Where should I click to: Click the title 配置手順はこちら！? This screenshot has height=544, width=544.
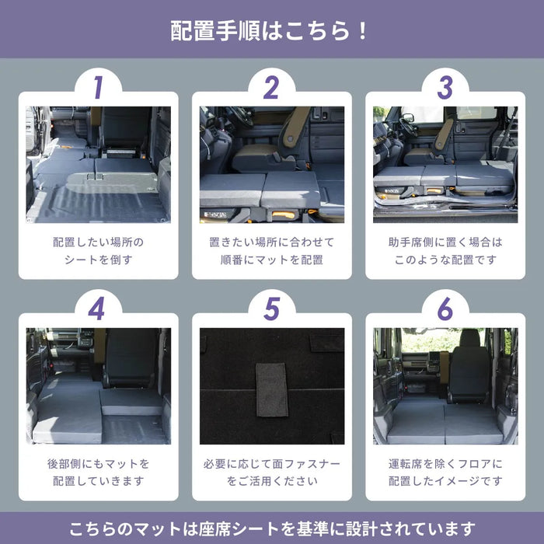coord(271,31)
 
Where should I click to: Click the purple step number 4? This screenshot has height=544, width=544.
coord(97,309)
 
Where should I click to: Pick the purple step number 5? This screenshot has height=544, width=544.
coord(270,309)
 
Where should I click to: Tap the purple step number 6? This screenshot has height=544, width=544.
coord(445,309)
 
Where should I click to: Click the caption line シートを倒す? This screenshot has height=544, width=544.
coord(98,260)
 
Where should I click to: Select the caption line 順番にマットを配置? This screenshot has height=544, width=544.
coord(271,260)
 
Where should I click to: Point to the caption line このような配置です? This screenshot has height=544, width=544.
coord(445,260)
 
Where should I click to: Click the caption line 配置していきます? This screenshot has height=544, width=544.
coord(98,481)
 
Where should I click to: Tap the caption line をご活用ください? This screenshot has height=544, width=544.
coord(271,481)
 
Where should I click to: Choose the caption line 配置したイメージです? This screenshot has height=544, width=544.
coord(445,481)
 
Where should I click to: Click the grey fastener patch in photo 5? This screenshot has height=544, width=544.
coord(272,389)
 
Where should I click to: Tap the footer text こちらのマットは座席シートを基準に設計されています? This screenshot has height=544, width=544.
coord(271,529)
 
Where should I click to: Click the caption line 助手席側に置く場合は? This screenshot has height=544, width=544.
coord(445,242)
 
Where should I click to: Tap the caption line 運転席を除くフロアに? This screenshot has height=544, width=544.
coord(445,463)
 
